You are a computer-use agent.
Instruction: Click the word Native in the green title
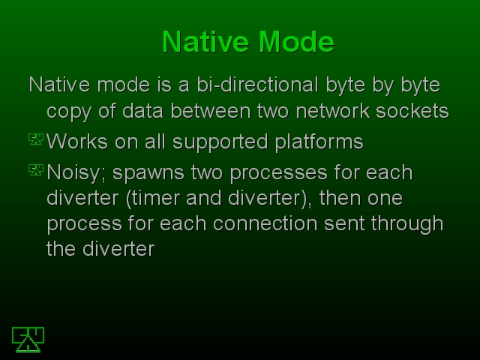(205, 42)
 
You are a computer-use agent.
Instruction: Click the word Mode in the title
(296, 42)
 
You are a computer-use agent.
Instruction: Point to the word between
(211, 110)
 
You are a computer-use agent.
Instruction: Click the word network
(332, 110)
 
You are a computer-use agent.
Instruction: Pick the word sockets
(412, 110)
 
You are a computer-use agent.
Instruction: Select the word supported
(220, 142)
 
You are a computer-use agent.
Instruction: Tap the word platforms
(319, 142)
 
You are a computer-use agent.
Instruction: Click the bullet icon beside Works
(36, 139)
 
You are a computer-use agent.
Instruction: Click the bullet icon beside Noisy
(36, 170)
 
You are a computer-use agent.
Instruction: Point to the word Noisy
(76, 173)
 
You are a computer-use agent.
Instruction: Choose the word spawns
(148, 173)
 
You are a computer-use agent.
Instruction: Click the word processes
(278, 173)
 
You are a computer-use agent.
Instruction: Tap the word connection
(265, 223)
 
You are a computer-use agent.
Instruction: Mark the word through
(407, 224)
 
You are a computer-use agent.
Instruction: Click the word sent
(344, 223)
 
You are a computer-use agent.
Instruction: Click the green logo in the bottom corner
(28, 340)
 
